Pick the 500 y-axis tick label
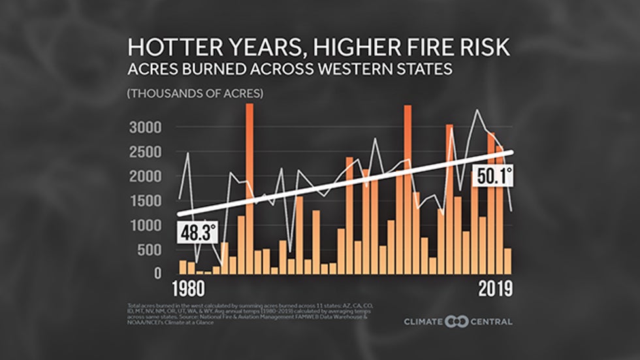tap(147, 250)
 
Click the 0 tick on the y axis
tap(156, 274)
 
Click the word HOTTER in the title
tap(168, 47)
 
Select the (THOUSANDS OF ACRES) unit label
tap(195, 93)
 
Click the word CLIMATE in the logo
tap(423, 321)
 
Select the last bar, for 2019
tap(508, 261)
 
